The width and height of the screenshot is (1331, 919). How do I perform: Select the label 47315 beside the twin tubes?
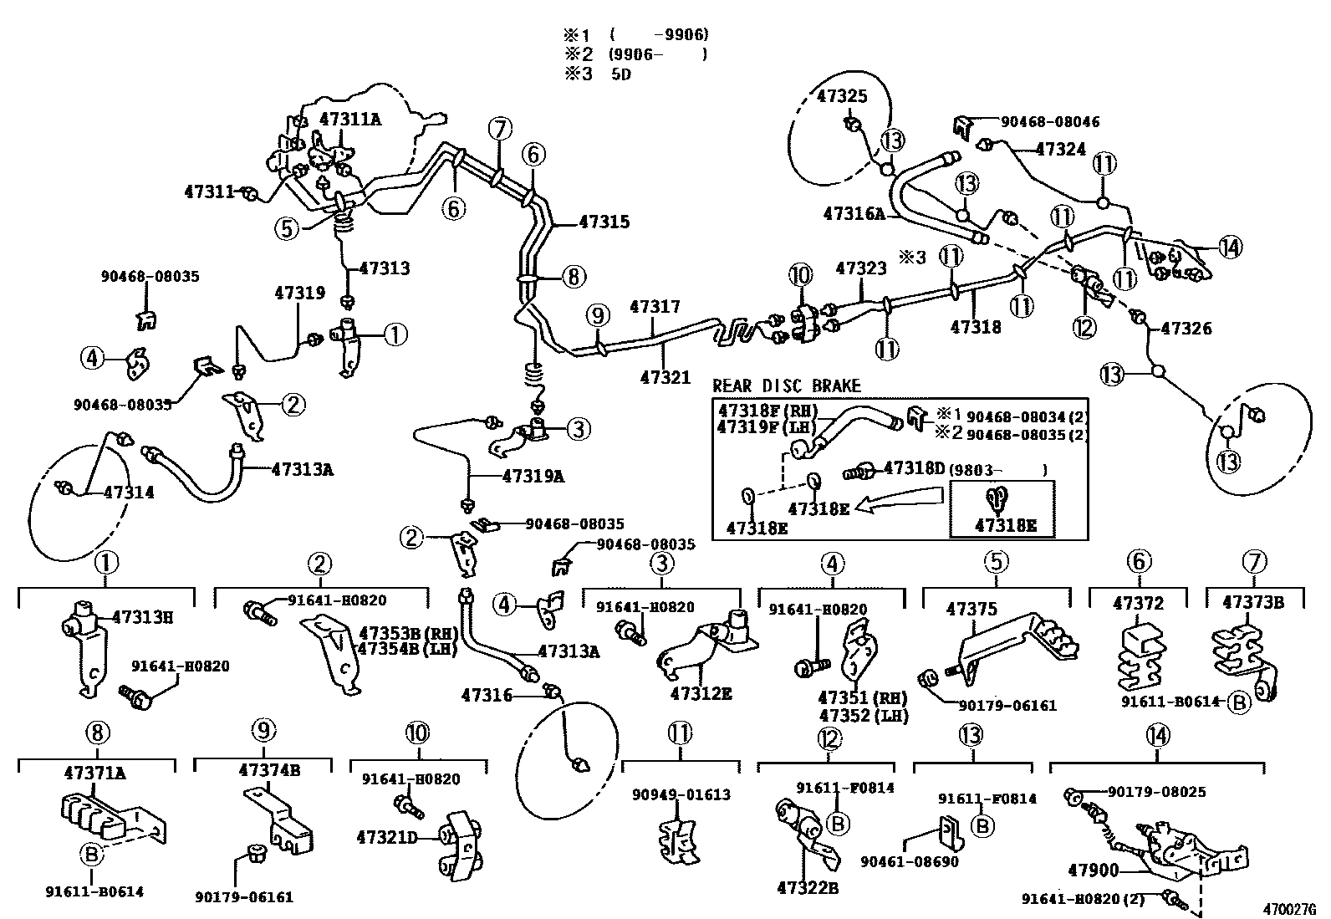click(x=604, y=222)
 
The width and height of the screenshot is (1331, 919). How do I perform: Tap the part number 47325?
click(x=841, y=97)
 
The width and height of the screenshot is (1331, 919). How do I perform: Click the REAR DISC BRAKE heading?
click(x=786, y=386)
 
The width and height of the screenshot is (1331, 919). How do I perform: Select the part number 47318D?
click(x=914, y=468)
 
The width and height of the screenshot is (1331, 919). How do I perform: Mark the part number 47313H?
click(x=142, y=618)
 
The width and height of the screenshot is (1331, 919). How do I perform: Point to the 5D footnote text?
click(x=619, y=74)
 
